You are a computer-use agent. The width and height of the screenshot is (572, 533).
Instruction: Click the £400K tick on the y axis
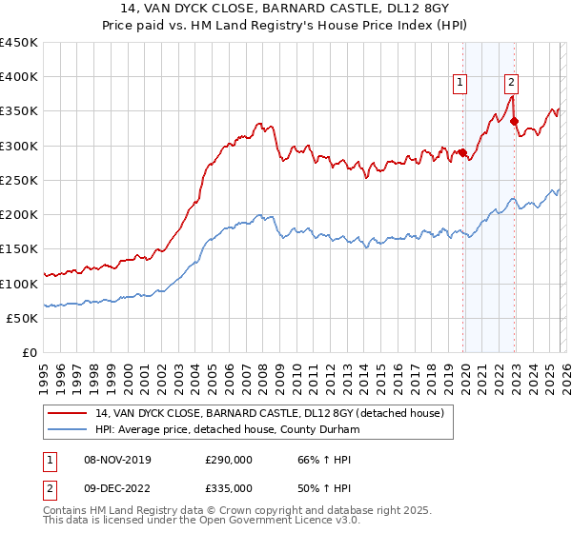click(x=19, y=77)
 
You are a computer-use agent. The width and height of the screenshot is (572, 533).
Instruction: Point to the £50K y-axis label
click(x=22, y=318)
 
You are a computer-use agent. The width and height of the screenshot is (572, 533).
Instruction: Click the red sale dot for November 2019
click(x=463, y=152)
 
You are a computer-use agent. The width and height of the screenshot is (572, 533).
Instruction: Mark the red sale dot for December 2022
click(x=515, y=121)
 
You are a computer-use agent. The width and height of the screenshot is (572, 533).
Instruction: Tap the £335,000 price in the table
click(x=229, y=487)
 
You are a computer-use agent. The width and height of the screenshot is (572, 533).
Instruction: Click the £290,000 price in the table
click(x=229, y=460)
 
